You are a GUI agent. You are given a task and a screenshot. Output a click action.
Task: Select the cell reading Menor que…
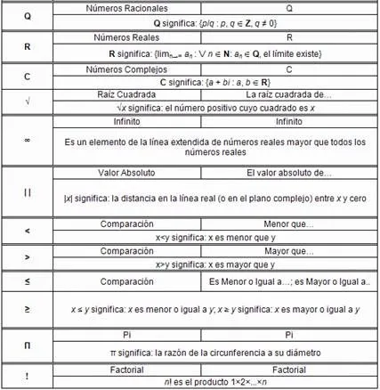[289, 224]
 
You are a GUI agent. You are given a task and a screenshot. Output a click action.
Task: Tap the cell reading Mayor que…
[289, 252]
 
